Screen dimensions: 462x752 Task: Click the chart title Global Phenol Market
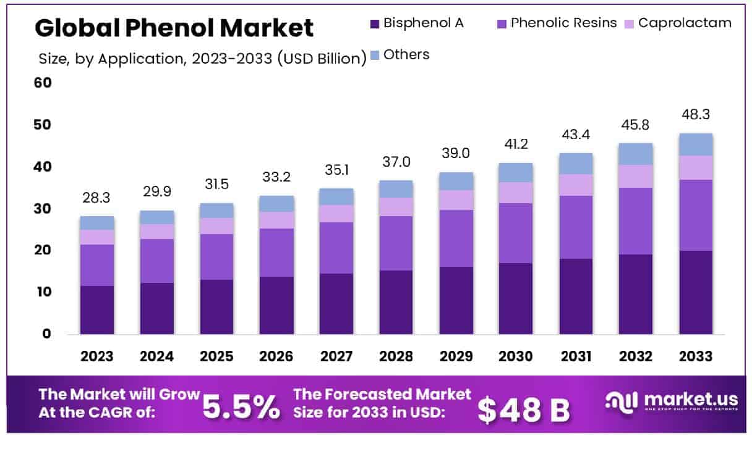tap(174, 28)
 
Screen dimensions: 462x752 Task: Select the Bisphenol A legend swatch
tap(374, 23)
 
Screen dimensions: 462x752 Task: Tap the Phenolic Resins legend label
tap(563, 23)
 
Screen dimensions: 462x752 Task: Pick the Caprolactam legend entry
tap(685, 23)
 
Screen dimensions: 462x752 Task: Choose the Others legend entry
tap(406, 54)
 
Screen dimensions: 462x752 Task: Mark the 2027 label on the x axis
tap(336, 356)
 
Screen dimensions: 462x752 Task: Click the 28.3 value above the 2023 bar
tap(97, 198)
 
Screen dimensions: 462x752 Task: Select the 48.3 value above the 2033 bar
tap(696, 115)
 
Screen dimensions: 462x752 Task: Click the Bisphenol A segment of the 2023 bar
tap(97, 309)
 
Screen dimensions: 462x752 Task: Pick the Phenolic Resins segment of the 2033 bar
tap(696, 215)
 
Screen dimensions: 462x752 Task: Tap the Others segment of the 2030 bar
tap(516, 172)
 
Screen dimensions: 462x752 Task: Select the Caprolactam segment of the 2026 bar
tap(276, 220)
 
